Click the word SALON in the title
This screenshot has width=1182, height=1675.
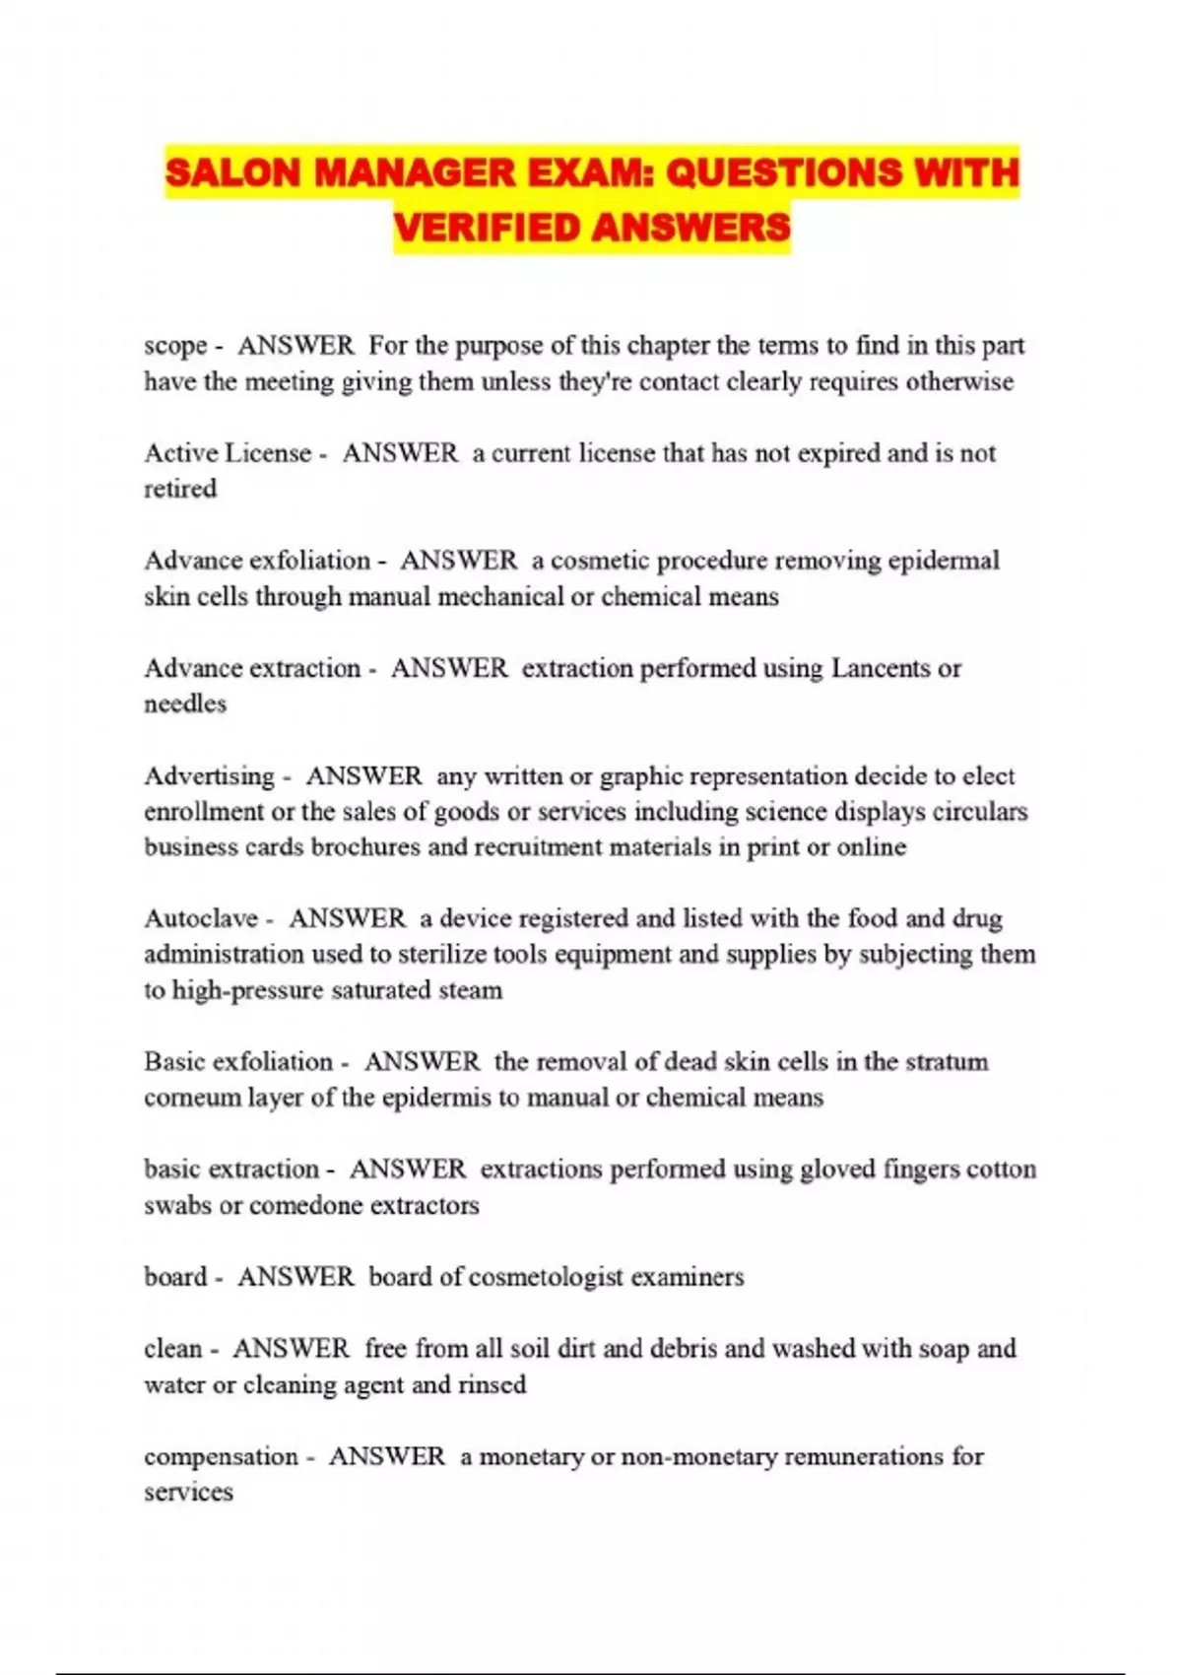click(x=232, y=173)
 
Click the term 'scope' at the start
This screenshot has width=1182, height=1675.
click(x=175, y=346)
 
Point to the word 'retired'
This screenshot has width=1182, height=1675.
click(x=180, y=489)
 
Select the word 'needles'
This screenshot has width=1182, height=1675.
click(x=185, y=703)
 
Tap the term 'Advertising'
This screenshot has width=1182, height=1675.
click(x=209, y=776)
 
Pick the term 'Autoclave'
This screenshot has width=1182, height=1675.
click(x=201, y=918)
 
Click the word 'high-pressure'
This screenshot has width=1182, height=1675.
click(x=248, y=990)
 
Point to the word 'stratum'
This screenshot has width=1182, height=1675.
click(x=946, y=1061)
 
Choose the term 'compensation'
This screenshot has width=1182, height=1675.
click(x=221, y=1456)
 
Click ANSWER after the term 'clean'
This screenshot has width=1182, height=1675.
click(x=291, y=1349)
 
